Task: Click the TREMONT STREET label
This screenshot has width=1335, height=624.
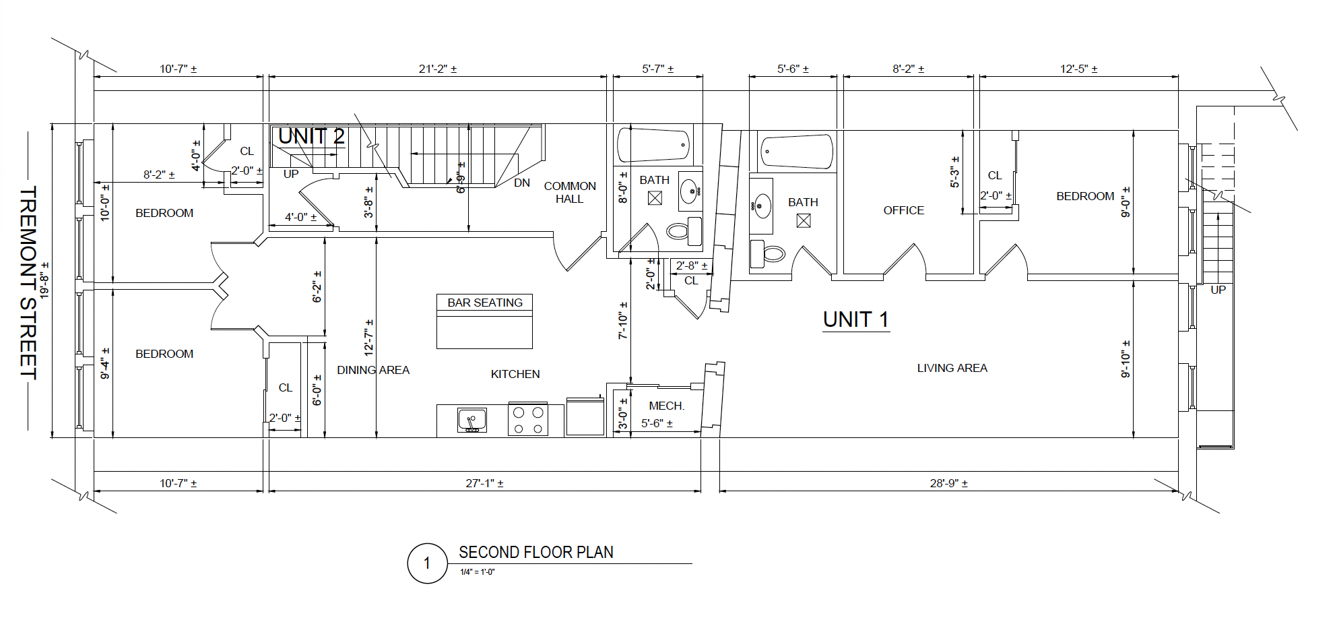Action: tap(28, 283)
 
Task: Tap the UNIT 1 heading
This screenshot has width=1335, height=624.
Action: tap(855, 319)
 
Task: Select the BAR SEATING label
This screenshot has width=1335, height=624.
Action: tap(485, 303)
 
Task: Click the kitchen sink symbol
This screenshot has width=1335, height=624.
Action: tap(472, 420)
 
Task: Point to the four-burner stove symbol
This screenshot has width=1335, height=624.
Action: tap(528, 420)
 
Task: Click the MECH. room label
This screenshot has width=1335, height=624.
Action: tap(667, 406)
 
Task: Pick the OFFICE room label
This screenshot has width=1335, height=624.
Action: tap(904, 210)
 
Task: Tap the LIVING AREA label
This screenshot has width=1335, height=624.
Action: tap(952, 368)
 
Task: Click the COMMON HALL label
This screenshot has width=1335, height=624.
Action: tap(570, 192)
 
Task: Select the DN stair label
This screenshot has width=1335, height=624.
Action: tap(522, 183)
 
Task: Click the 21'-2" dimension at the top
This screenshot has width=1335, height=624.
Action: tap(438, 69)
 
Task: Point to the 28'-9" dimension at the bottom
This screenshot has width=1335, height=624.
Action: tap(949, 483)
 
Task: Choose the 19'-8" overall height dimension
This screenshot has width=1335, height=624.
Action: tap(44, 280)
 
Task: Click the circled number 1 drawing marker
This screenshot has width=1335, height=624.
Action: tap(427, 563)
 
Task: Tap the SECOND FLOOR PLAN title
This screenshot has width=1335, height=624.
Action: tap(536, 553)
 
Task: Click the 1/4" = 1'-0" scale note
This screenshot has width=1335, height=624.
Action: tap(478, 572)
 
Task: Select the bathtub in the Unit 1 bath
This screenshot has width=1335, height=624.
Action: tap(796, 152)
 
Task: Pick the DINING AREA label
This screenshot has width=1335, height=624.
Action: tap(373, 370)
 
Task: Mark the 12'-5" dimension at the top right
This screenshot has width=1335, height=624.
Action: tap(1079, 69)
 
